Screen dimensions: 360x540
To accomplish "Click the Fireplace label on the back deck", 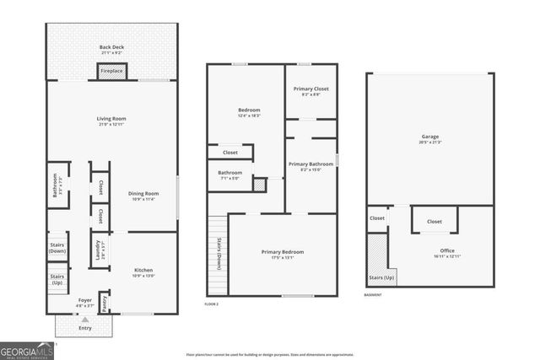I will click(112, 72).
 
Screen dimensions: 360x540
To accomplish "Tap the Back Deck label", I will click(111, 47).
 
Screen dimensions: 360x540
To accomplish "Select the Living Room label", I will click(111, 119).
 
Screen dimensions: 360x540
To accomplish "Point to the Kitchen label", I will click(143, 270).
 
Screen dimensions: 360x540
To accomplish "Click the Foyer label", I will click(85, 300).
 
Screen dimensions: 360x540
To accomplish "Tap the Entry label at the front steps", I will click(84, 328).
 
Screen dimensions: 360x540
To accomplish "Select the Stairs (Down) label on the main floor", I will click(57, 247).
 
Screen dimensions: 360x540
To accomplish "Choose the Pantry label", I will click(105, 302).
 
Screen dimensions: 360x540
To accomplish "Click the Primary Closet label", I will click(310, 89).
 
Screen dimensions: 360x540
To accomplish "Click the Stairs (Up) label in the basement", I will click(382, 277).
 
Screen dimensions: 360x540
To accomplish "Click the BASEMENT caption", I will click(373, 295).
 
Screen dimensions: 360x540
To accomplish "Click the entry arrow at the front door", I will click(84, 320).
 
